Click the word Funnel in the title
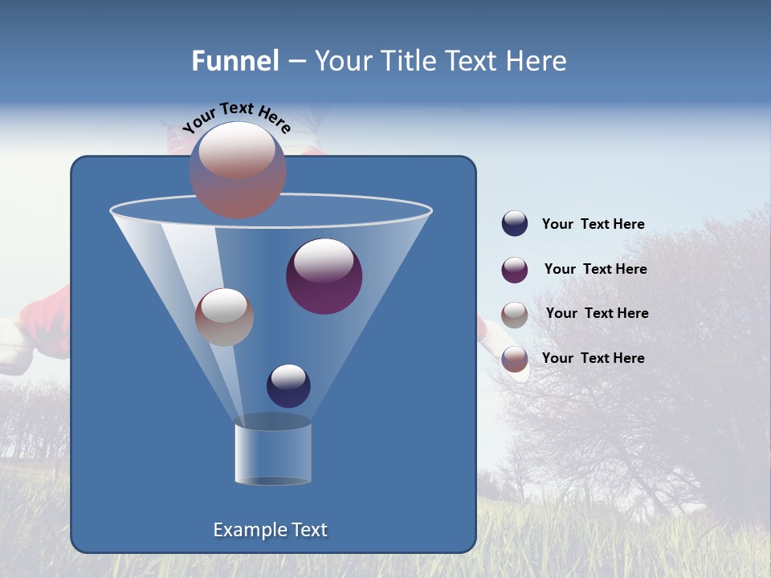(235, 61)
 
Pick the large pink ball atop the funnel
(237, 170)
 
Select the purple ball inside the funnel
(324, 276)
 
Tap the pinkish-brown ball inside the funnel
(224, 317)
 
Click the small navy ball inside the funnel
(288, 385)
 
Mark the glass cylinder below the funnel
(272, 454)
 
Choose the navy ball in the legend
(515, 224)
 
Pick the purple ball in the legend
(515, 270)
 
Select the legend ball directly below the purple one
(515, 315)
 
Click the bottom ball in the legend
(515, 359)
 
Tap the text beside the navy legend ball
(593, 225)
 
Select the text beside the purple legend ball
(595, 269)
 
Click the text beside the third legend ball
(597, 313)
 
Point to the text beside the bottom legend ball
(593, 358)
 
